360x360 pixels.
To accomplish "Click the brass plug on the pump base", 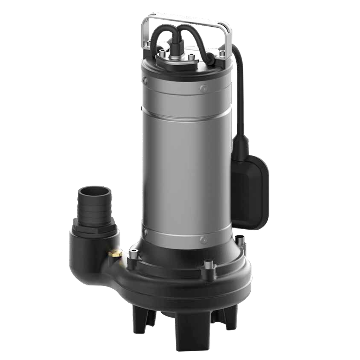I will coord(115,252).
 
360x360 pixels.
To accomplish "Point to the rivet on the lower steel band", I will coord(202,240).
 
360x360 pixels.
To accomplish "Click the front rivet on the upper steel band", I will coord(202,89).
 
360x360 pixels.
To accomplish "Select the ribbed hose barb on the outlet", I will coord(92,209).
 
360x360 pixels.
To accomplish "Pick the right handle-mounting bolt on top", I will coord(222,54).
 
